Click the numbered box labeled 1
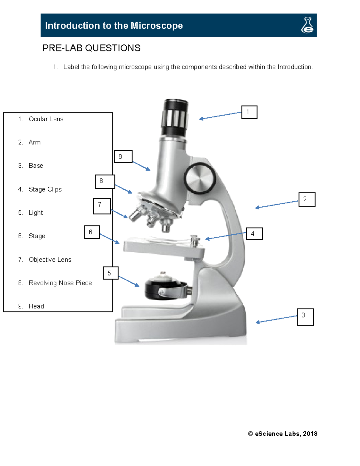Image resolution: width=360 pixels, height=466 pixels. (249, 112)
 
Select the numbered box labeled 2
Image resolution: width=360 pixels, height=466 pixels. (307, 200)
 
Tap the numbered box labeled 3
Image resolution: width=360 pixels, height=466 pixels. (305, 317)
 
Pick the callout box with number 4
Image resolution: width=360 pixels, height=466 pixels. (254, 233)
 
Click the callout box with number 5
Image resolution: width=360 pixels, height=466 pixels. (110, 273)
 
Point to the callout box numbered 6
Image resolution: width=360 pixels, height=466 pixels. (92, 232)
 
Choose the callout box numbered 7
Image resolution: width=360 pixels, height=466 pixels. (102, 206)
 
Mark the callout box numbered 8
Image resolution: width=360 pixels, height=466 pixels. (104, 182)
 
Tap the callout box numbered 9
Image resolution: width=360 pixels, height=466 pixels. (123, 157)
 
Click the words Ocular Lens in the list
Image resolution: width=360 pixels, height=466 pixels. (46, 119)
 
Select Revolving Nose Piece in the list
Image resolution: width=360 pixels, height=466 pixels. (60, 283)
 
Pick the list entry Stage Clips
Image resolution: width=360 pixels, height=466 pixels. (45, 189)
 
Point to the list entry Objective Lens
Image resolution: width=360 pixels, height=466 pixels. (50, 260)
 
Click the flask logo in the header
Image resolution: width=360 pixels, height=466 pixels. (307, 25)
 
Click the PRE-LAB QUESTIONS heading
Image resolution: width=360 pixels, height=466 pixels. (91, 48)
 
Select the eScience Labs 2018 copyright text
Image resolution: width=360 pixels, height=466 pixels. (283, 434)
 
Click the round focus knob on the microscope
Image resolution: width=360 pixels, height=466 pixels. (200, 179)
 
